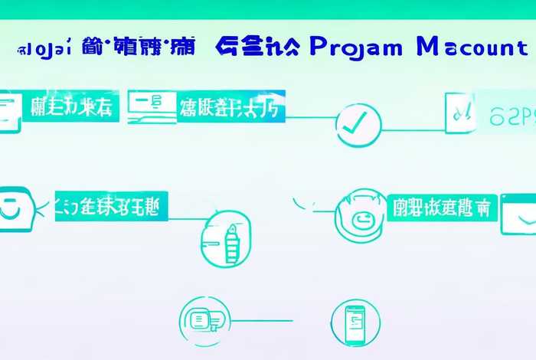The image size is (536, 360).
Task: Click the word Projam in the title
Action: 356,47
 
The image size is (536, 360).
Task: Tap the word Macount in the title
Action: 472,47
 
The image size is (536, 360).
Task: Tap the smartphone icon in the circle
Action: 355,322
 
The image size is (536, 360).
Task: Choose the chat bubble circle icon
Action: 204,320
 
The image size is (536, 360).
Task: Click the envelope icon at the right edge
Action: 519,214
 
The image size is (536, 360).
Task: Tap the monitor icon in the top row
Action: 149,107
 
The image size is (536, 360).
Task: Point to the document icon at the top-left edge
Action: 8,111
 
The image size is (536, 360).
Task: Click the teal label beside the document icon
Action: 71,106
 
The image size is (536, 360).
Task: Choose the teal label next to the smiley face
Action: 112,205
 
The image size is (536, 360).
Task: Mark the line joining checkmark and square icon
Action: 413,129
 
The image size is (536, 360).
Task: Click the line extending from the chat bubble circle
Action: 260,320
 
